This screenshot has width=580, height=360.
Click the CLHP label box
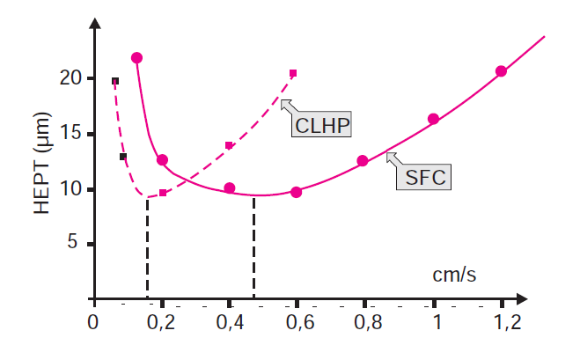pyautogui.click(x=322, y=126)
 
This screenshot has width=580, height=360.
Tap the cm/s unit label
pyautogui.click(x=454, y=274)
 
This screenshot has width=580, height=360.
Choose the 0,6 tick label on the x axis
pyautogui.click(x=297, y=322)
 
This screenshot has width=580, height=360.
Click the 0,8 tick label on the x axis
pyautogui.click(x=365, y=322)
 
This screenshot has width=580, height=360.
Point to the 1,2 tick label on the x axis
pyautogui.click(x=503, y=322)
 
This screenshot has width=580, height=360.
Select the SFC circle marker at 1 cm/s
pyautogui.click(x=433, y=119)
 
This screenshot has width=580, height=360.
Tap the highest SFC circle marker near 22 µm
pyautogui.click(x=136, y=58)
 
